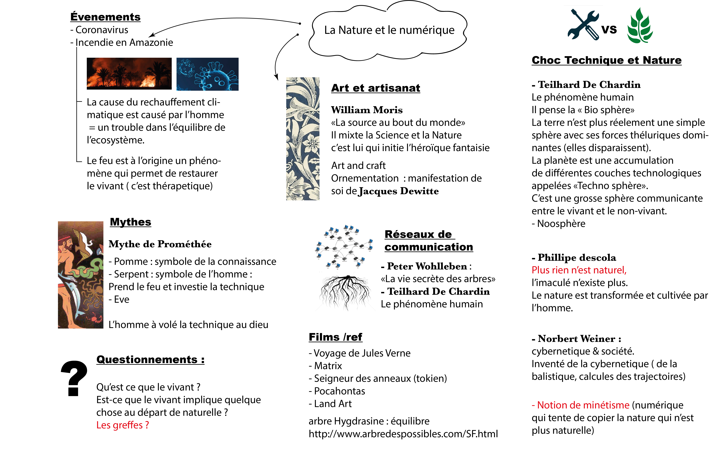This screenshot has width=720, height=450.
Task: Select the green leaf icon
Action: coord(640,26)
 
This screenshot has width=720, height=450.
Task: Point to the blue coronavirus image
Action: coord(207,74)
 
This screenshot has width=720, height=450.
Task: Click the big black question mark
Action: coord(74,378)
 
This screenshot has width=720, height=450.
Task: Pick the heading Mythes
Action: coord(130,222)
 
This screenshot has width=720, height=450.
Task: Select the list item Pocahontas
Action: coord(339,391)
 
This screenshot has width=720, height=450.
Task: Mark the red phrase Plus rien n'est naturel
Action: coord(579,270)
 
